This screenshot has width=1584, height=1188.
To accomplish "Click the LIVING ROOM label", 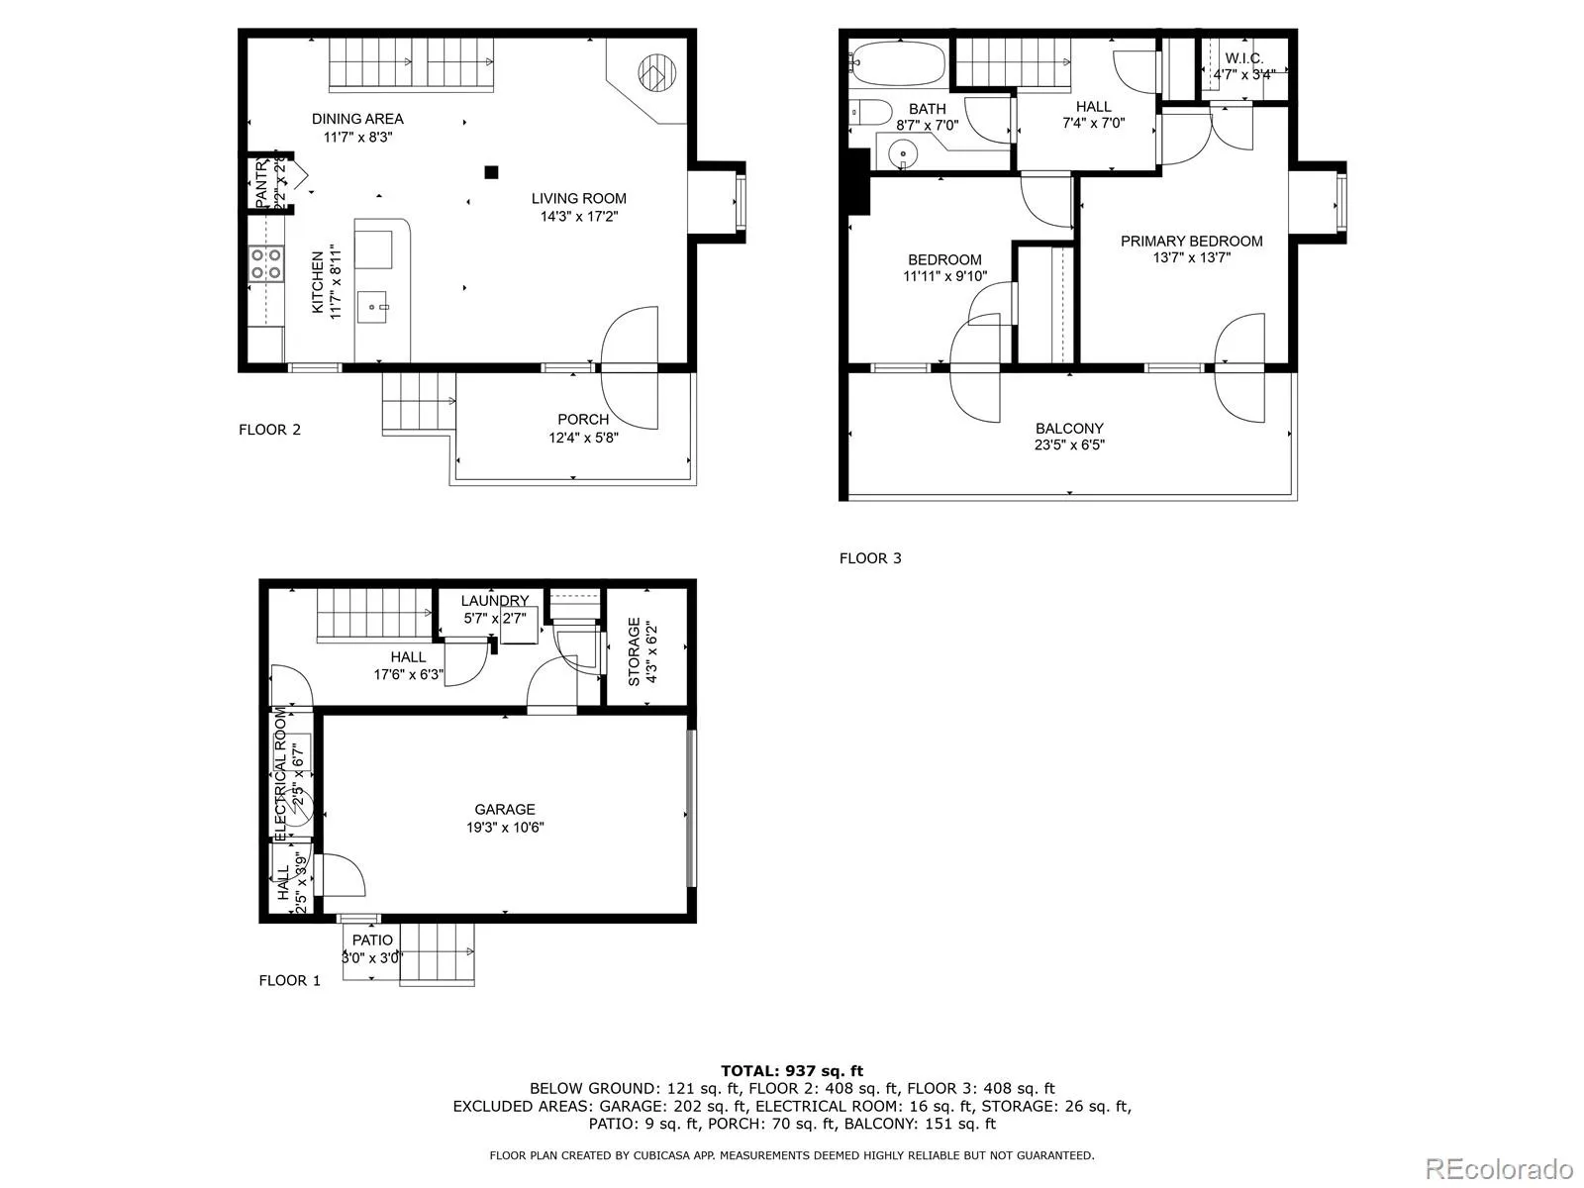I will [578, 198].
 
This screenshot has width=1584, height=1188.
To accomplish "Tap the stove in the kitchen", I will [265, 263].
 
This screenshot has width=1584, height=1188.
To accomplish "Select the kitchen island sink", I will [375, 306].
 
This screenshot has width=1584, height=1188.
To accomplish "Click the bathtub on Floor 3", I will [897, 64].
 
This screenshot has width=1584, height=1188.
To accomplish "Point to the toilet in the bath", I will [866, 112].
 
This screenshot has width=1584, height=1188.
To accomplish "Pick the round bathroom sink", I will [902, 154].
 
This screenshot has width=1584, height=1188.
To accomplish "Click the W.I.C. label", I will [1243, 58].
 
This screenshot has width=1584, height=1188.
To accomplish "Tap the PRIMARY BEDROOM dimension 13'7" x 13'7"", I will [1191, 257].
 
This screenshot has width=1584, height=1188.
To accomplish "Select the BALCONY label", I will [1069, 429].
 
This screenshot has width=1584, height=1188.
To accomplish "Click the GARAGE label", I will [504, 810].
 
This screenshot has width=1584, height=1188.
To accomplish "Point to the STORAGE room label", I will [634, 651].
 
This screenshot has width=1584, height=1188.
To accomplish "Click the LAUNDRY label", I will [494, 601].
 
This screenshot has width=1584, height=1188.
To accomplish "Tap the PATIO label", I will [372, 940].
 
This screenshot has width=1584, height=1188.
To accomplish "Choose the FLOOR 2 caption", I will [269, 430].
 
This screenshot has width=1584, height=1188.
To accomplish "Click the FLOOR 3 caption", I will [870, 558].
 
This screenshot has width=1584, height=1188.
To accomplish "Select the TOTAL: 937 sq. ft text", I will [791, 1070].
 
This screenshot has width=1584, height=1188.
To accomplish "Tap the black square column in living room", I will [491, 172].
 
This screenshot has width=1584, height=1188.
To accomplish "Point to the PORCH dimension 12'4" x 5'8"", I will [583, 437].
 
